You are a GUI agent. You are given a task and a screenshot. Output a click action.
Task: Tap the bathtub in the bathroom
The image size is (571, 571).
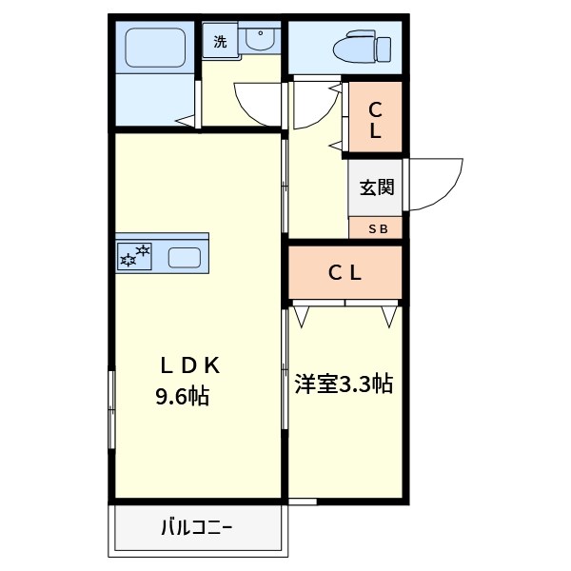155,47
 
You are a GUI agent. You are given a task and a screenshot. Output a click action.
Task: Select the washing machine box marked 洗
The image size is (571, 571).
221,41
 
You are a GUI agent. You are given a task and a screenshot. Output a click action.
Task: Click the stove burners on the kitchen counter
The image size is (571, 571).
134,255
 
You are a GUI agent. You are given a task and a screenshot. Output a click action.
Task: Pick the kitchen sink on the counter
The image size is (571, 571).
184,257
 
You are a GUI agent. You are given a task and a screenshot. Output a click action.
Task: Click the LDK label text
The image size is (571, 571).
189,364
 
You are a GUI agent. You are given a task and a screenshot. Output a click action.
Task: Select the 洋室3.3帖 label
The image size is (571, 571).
344,384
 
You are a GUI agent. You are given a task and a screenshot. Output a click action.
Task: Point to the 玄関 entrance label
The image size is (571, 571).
376,187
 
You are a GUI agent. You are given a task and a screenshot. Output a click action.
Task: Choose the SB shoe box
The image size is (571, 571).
376,228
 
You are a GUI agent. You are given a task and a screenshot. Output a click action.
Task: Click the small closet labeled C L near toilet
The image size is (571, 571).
375,118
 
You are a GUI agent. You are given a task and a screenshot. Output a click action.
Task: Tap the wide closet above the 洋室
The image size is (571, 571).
345,273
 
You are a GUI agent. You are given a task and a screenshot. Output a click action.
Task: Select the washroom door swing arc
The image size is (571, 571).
257,105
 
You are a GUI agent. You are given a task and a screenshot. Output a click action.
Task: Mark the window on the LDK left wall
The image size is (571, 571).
112,409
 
